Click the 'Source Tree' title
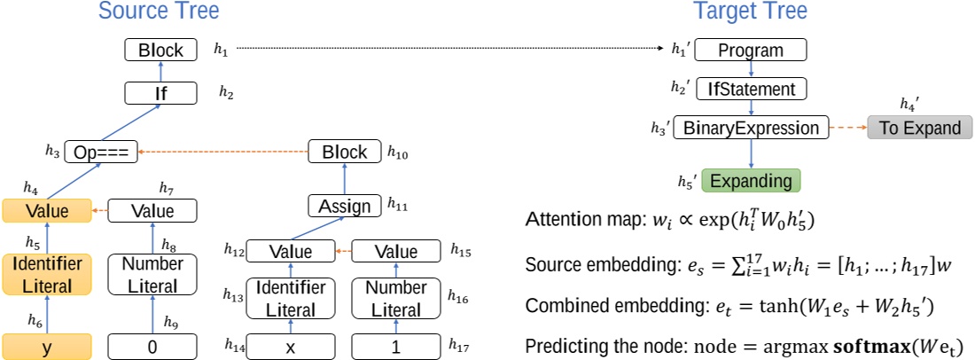click(159, 12)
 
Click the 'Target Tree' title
click(749, 12)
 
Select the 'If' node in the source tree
click(160, 91)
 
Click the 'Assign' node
click(345, 207)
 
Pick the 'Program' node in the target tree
click(751, 50)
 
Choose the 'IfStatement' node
click(752, 89)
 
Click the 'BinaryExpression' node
click(752, 128)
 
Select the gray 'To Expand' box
click(920, 128)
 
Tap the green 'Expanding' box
click(751, 181)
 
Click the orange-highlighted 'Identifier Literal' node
click(47, 275)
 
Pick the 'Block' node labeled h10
click(345, 153)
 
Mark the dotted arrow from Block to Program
click(452, 50)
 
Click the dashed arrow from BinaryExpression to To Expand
click(848, 128)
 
